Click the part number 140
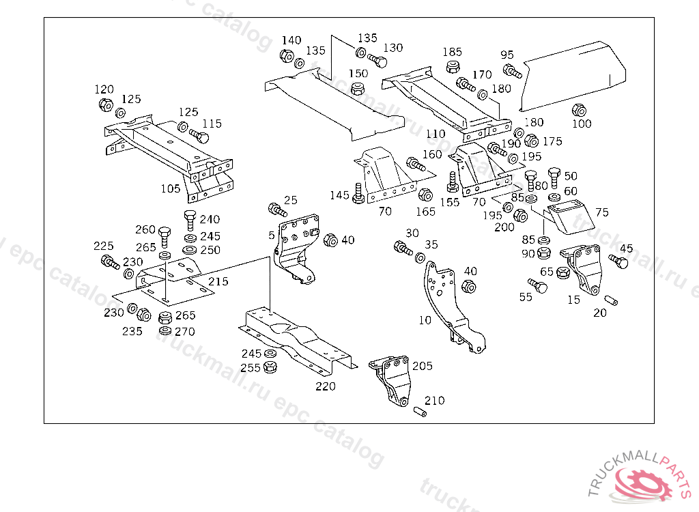point(291,41)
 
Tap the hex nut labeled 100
point(579,109)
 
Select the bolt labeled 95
point(513,70)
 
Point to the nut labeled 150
point(356,89)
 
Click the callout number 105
point(171,188)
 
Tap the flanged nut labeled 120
point(105,106)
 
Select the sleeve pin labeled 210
point(420,412)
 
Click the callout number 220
point(326,386)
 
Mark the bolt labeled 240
point(190,221)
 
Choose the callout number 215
point(218,281)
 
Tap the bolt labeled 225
point(109,261)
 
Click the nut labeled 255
point(270,367)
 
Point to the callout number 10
point(425,319)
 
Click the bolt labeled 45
point(618,260)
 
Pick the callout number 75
point(601,212)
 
